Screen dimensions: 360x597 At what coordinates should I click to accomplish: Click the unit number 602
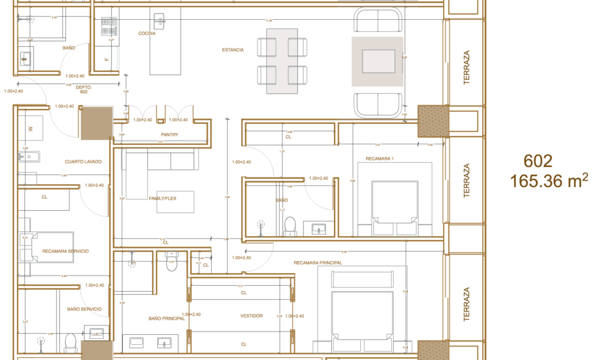pyautogui.click(x=538, y=161)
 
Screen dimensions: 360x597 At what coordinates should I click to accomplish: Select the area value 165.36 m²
pyautogui.click(x=549, y=181)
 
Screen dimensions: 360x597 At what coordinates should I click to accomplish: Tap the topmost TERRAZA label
pyautogui.click(x=466, y=67)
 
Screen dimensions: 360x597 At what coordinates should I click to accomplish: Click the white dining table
pyautogui.click(x=282, y=61)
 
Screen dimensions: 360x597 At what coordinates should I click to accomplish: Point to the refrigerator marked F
pyautogui.click(x=107, y=59)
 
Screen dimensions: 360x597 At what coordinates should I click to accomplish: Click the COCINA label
pyautogui.click(x=147, y=34)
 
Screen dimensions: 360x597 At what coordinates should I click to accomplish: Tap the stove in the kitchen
pyautogui.click(x=109, y=26)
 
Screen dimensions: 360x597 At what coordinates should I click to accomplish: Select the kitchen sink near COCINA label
pyautogui.click(x=159, y=22)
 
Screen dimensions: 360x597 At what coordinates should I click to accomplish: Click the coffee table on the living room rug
pyautogui.click(x=378, y=61)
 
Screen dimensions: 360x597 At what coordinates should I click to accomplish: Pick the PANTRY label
pyautogui.click(x=170, y=135)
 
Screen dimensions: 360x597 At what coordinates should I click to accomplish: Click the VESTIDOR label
pyautogui.click(x=251, y=316)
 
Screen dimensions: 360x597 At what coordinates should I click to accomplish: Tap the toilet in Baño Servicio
pyautogui.click(x=71, y=342)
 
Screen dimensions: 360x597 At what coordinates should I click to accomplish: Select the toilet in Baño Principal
pyautogui.click(x=171, y=262)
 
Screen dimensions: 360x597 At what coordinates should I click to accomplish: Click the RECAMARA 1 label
pyautogui.click(x=380, y=159)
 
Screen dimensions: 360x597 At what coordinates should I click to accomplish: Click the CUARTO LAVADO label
pyautogui.click(x=83, y=161)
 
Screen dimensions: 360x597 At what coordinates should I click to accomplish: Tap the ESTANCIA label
pyautogui.click(x=233, y=50)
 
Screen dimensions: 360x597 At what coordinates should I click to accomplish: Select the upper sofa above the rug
pyautogui.click(x=378, y=20)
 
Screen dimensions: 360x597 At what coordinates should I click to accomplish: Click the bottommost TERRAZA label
pyautogui.click(x=466, y=303)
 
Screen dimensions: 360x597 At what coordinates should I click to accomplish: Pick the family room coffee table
pyautogui.click(x=175, y=201)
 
